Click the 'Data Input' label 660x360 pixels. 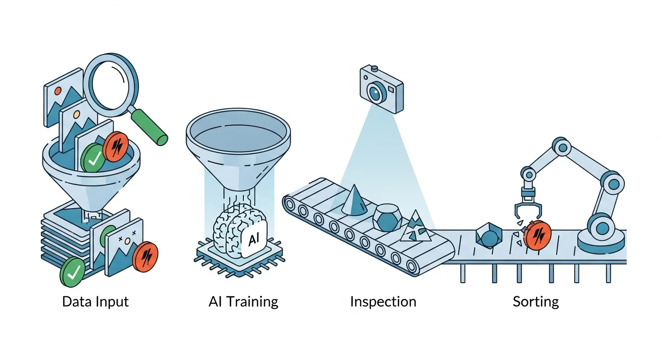96,302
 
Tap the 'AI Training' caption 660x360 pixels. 243,302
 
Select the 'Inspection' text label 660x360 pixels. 383,302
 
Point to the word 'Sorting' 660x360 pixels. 536,302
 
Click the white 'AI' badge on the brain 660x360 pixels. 254,239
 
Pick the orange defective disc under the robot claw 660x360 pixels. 538,235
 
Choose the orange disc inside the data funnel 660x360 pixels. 116,147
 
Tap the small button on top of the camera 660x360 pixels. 375,68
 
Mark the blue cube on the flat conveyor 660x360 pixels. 489,236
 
